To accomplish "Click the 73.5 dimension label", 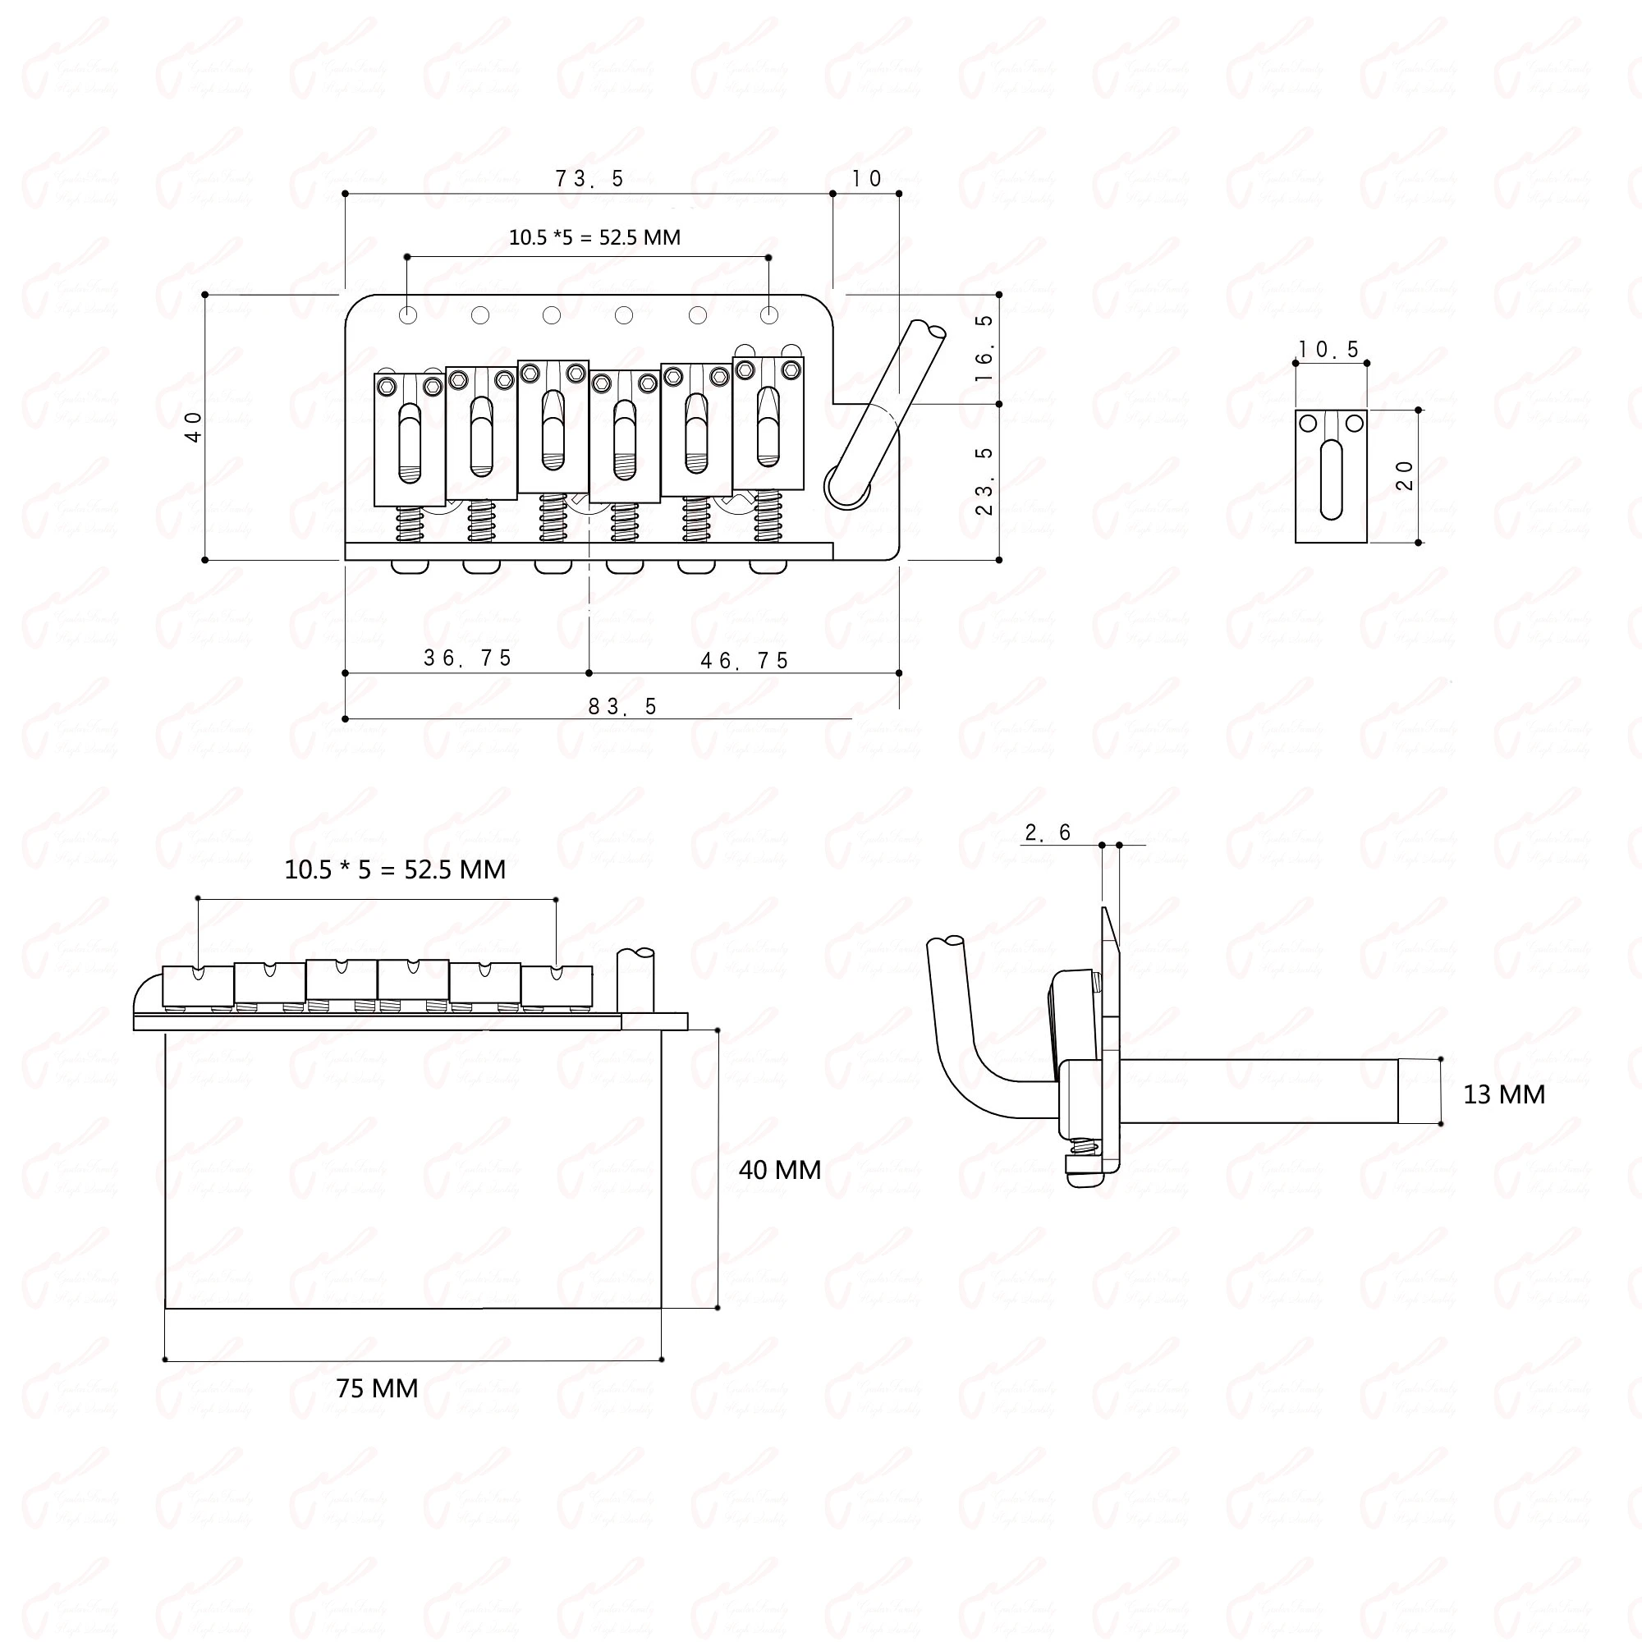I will [x=589, y=178].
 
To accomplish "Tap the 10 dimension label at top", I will [x=866, y=178].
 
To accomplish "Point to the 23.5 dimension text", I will [x=984, y=481].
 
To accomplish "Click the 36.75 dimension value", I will [x=467, y=658].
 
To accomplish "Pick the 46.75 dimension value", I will [x=745, y=661].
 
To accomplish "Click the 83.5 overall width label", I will [x=623, y=707].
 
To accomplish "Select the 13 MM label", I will [x=1503, y=1094].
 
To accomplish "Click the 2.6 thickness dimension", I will [x=1048, y=832].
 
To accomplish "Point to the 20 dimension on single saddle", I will [x=1405, y=475].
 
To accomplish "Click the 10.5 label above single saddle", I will [x=1329, y=349].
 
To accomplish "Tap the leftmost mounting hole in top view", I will [x=409, y=316].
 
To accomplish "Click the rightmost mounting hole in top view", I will [x=769, y=316].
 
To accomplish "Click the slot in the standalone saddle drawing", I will [x=1331, y=480].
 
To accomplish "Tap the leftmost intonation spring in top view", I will [x=410, y=524].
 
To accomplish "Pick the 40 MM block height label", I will [x=779, y=1170].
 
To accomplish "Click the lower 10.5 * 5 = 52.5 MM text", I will [x=394, y=869].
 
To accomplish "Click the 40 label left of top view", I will [x=195, y=427].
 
